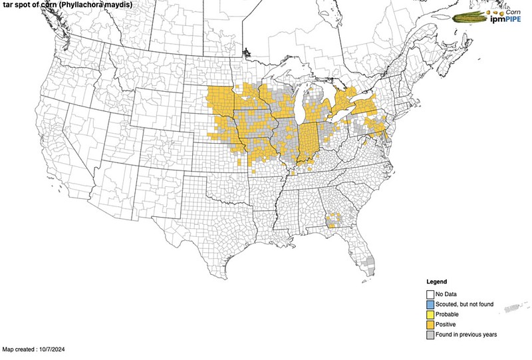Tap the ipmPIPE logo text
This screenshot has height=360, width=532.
pyautogui.click(x=507, y=20)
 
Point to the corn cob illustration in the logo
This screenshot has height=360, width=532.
pyautogui.click(x=471, y=17)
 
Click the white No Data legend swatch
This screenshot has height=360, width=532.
pyautogui.click(x=430, y=294)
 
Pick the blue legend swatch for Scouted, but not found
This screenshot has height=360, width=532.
pyautogui.click(x=430, y=304)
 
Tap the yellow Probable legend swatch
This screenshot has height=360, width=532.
pyautogui.click(x=430, y=314)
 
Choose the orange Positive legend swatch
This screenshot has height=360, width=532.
pyautogui.click(x=430, y=324)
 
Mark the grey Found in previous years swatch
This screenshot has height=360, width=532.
pyautogui.click(x=430, y=334)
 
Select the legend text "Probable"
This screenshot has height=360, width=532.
pyautogui.click(x=448, y=314)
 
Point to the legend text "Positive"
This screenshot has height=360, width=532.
pyautogui.click(x=447, y=324)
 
